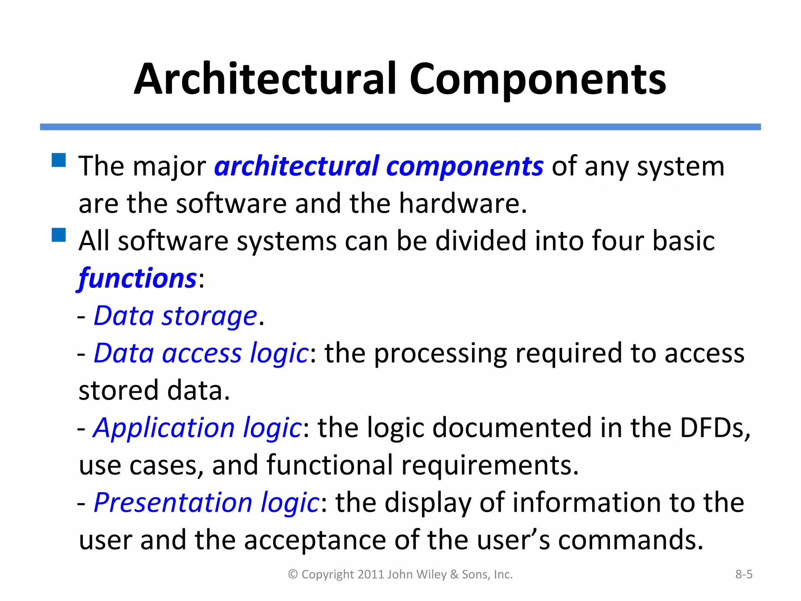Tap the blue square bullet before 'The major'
click(x=59, y=160)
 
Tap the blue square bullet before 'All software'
click(x=59, y=235)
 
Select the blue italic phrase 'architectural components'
click(x=379, y=166)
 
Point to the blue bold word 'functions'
click(x=137, y=279)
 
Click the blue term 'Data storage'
click(x=175, y=316)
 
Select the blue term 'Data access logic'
click(x=201, y=353)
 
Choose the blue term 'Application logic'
click(x=197, y=428)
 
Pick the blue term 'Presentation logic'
click(x=207, y=502)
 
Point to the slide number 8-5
click(x=744, y=574)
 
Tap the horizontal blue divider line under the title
click(x=400, y=127)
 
